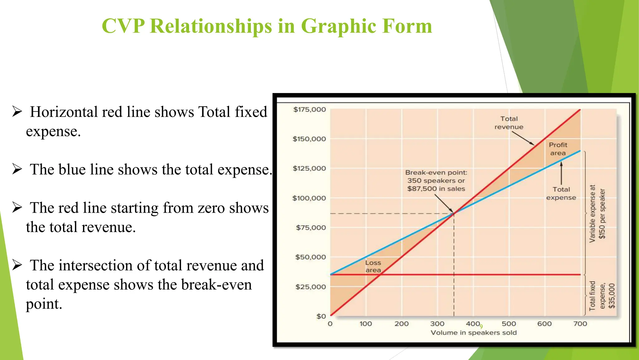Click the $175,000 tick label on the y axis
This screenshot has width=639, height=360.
click(x=309, y=110)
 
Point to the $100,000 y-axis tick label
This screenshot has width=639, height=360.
click(x=309, y=198)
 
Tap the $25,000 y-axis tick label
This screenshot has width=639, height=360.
click(x=310, y=287)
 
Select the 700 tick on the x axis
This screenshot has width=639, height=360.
click(x=580, y=324)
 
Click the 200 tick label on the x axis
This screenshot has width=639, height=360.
click(x=401, y=324)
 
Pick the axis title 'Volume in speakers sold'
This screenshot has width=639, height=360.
click(x=473, y=333)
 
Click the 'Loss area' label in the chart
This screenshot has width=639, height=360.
click(x=373, y=266)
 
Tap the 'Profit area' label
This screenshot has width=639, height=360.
click(x=558, y=149)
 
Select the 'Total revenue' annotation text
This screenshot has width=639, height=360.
click(x=509, y=123)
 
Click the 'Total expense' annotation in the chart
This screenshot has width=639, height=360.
click(x=561, y=194)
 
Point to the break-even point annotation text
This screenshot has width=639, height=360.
click(x=436, y=180)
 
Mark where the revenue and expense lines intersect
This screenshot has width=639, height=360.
click(x=454, y=214)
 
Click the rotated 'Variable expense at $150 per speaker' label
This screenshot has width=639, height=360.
click(x=597, y=214)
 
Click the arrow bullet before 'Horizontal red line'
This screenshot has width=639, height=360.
click(x=17, y=111)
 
